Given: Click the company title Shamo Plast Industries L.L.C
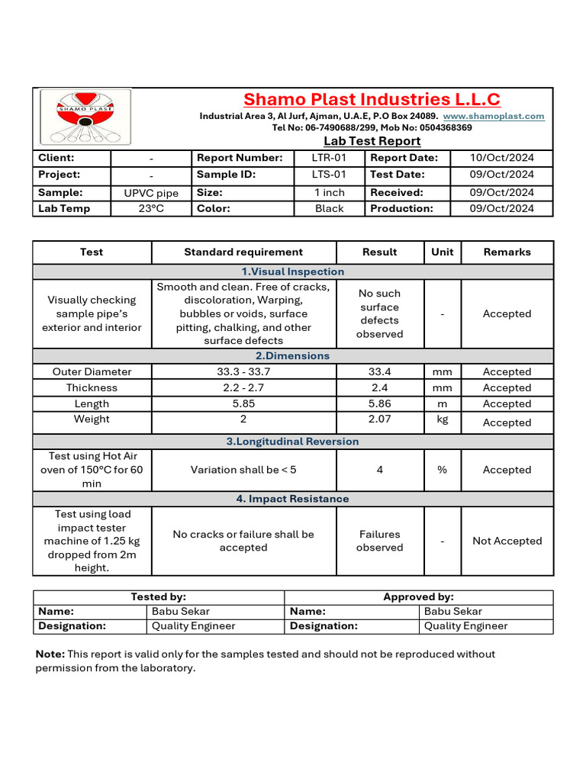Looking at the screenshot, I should point(372,99).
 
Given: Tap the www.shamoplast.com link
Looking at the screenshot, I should point(504,116).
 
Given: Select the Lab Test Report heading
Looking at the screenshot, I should point(372,141).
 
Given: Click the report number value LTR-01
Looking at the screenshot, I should point(329,158).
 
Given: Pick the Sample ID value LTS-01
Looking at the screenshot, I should point(329,175).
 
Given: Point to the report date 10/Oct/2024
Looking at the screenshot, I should point(501,158).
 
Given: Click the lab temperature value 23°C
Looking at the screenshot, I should point(151,208).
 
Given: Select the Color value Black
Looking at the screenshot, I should point(329,208).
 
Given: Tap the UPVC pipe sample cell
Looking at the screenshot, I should point(151,193).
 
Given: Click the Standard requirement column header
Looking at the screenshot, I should point(243,252).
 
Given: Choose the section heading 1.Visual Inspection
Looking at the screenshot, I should point(293,272).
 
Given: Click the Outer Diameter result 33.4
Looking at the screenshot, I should point(379,371).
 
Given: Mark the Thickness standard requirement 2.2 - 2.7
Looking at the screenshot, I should point(243,387).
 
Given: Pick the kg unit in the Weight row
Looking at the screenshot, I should point(442,419).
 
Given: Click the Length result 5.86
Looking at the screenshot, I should point(379,403).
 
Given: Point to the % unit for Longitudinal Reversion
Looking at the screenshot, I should point(442,470).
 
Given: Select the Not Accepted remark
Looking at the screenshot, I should point(507,541).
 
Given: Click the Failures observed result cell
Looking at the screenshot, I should point(379,541).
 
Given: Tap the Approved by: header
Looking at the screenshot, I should point(418,597).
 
